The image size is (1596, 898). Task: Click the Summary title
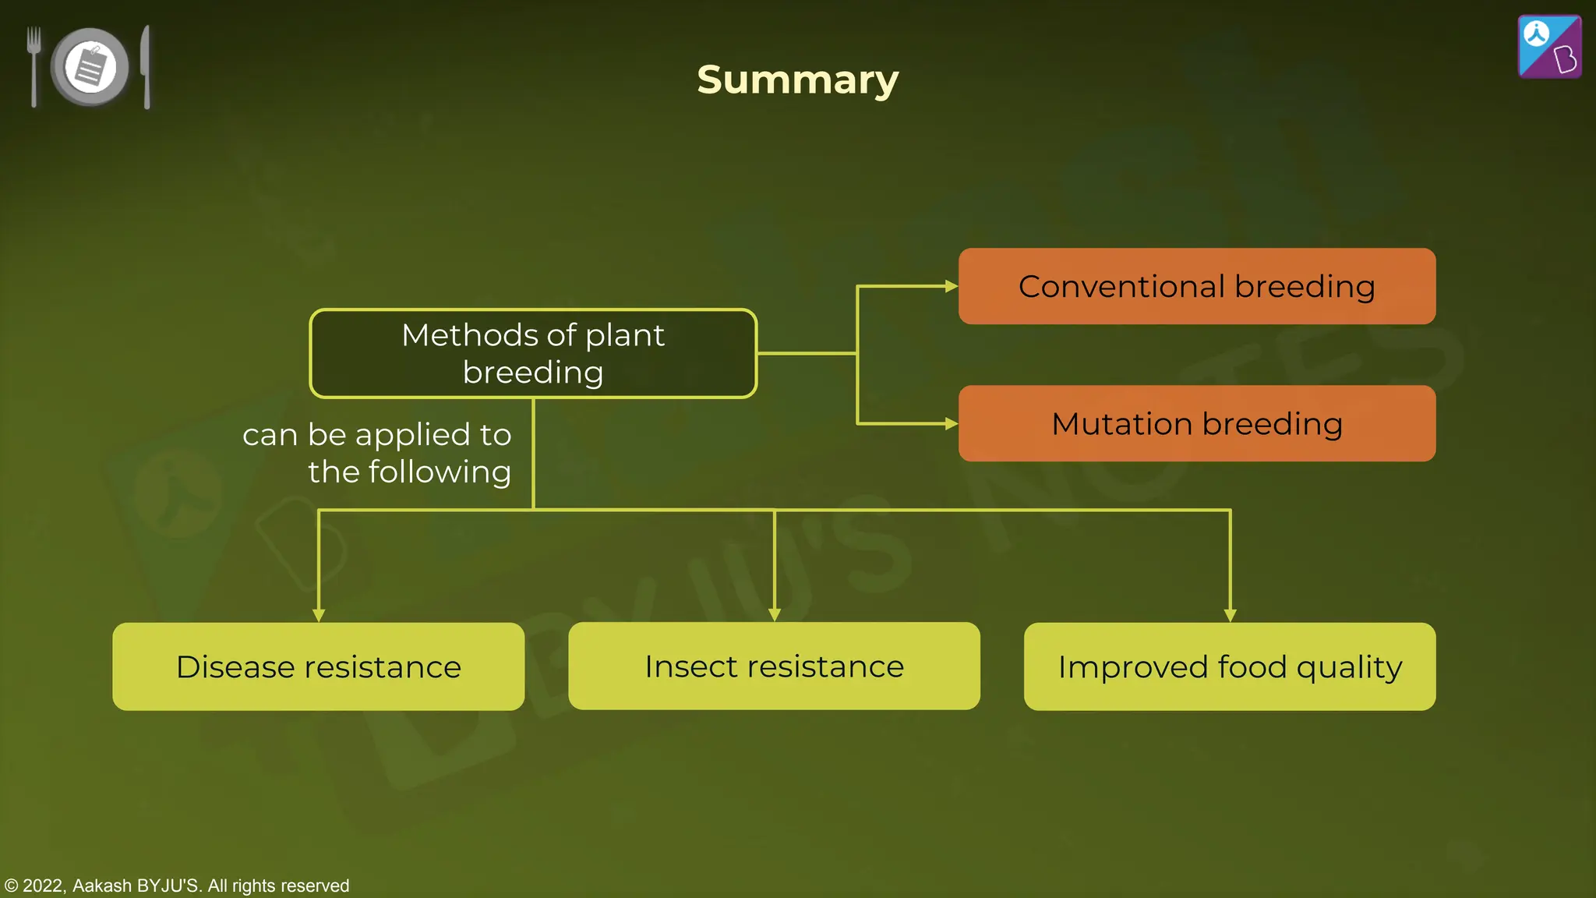click(x=797, y=80)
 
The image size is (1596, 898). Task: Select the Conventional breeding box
click(x=1196, y=286)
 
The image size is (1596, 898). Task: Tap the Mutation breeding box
click(x=1196, y=423)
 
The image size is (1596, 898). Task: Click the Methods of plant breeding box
click(x=533, y=353)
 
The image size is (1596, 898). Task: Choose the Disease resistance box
click(x=318, y=666)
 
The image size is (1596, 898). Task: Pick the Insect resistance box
click(x=774, y=666)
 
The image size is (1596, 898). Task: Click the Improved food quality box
click(x=1230, y=666)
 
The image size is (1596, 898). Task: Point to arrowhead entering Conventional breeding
click(x=951, y=286)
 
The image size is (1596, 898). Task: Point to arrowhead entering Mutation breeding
click(x=951, y=423)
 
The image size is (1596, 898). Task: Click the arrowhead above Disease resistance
click(x=318, y=615)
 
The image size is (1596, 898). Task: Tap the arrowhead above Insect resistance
click(x=774, y=614)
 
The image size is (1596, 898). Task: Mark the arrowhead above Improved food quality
click(x=1230, y=615)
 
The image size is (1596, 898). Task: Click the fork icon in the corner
click(x=34, y=65)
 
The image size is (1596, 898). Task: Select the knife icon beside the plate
click(x=146, y=66)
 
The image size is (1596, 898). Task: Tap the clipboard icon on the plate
click(x=90, y=67)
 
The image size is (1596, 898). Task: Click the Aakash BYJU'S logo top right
click(x=1549, y=47)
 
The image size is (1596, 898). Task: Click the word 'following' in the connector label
click(x=439, y=472)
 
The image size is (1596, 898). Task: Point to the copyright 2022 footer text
click(x=177, y=886)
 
